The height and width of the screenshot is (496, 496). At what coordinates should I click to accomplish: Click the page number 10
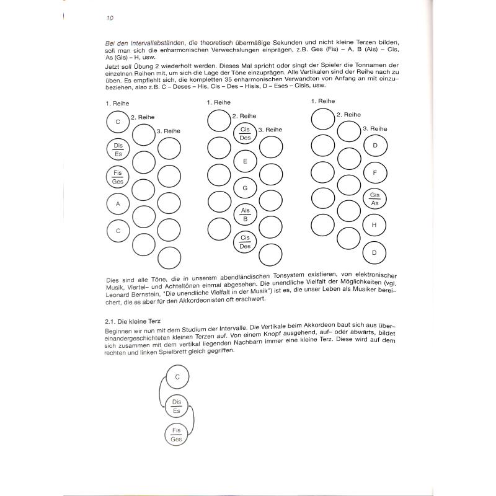pyautogui.click(x=109, y=18)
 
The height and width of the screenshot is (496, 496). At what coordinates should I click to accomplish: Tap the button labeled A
pyautogui.click(x=118, y=203)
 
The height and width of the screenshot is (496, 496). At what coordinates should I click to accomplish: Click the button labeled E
pyautogui.click(x=246, y=161)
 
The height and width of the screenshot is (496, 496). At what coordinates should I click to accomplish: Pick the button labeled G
pyautogui.click(x=246, y=188)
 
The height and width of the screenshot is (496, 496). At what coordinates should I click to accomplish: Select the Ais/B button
pyautogui.click(x=246, y=215)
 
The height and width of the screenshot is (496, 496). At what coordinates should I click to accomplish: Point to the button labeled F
pyautogui.click(x=374, y=172)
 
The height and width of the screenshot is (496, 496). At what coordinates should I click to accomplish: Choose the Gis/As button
pyautogui.click(x=374, y=199)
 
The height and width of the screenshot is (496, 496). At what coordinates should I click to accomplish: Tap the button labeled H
pyautogui.click(x=374, y=226)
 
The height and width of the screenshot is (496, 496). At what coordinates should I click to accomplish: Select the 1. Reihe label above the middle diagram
pyautogui.click(x=219, y=102)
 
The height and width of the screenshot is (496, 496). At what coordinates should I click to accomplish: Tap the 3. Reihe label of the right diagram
pyautogui.click(x=374, y=128)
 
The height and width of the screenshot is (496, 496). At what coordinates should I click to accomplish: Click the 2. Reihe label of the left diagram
pyautogui.click(x=143, y=117)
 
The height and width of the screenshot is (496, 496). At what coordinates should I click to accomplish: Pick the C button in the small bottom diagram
pyautogui.click(x=177, y=376)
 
